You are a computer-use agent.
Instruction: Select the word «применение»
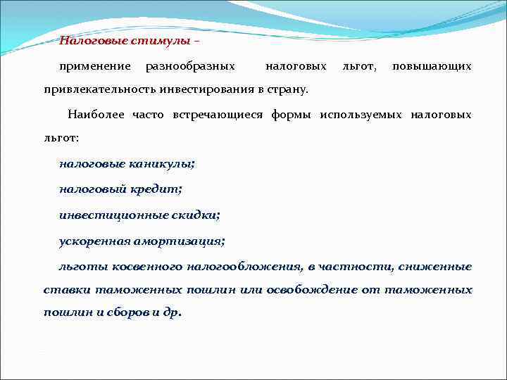point(96,66)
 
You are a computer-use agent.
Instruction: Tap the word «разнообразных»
point(190,66)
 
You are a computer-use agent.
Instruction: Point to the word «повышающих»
point(432,66)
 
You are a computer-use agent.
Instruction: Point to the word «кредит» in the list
point(158,189)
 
